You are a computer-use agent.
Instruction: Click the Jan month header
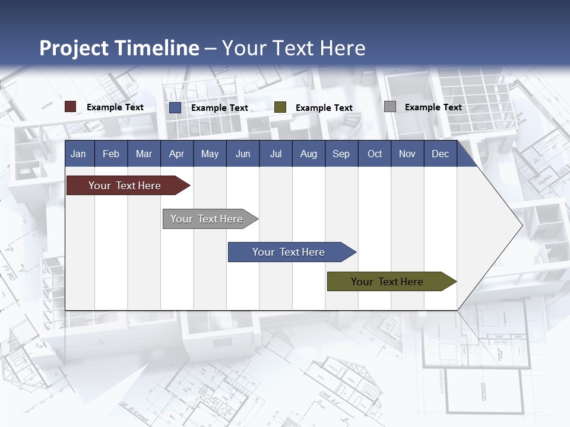(x=78, y=154)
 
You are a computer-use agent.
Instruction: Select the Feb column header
(x=111, y=154)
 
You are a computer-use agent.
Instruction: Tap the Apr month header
(x=176, y=154)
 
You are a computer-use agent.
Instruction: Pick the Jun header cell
(x=243, y=154)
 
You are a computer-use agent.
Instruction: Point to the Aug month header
(x=308, y=154)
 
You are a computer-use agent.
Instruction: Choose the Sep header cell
(x=341, y=154)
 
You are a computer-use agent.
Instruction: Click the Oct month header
(x=375, y=154)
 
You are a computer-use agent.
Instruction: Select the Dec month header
(x=440, y=154)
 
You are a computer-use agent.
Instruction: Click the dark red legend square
(x=71, y=107)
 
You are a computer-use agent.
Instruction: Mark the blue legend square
(x=175, y=107)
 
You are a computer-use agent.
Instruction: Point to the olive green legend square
(x=280, y=107)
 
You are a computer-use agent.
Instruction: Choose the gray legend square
(x=390, y=107)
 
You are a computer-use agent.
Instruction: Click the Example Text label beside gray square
(x=433, y=107)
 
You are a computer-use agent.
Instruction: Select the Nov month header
(x=407, y=154)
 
